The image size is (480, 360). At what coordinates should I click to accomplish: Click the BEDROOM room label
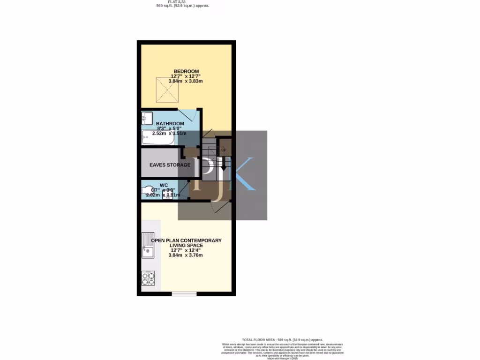[186, 71]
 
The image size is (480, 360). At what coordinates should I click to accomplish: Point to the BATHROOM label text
[170, 124]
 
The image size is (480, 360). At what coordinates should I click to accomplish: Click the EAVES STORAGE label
[170, 165]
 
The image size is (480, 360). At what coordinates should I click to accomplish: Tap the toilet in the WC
[146, 190]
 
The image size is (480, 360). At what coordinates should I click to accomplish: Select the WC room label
[164, 185]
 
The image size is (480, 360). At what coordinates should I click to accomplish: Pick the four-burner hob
[148, 279]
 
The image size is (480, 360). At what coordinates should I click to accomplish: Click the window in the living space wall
[184, 294]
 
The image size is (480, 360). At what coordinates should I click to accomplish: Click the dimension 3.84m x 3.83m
[186, 81]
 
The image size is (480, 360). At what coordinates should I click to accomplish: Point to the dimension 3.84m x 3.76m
[186, 255]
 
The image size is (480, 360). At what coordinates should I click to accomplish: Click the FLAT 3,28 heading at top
[182, 2]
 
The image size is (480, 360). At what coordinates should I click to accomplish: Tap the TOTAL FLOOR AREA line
[282, 339]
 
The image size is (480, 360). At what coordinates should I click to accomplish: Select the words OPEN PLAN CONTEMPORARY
[186, 240]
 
